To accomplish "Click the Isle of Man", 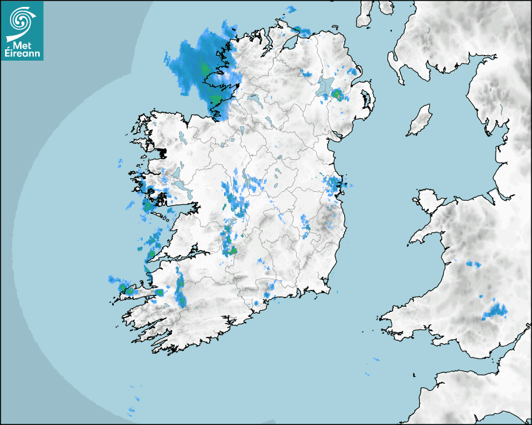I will click(x=420, y=121).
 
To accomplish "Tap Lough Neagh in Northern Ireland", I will click(x=326, y=86).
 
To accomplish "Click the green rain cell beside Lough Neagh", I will click(x=337, y=95).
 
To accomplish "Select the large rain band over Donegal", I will click(x=200, y=66).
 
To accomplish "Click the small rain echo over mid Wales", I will click(x=473, y=265).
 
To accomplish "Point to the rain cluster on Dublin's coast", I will click(x=332, y=185).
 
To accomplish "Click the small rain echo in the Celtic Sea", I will click(x=376, y=360).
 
